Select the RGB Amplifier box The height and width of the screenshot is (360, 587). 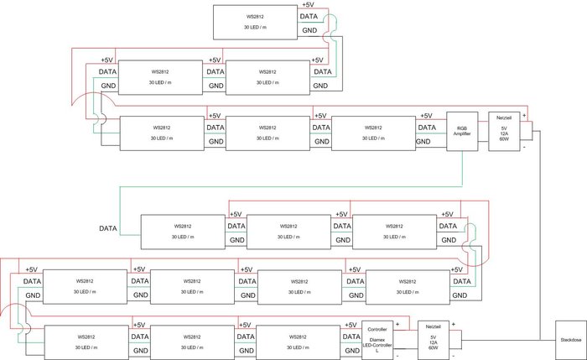(462, 131)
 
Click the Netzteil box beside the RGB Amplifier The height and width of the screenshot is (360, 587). (504, 131)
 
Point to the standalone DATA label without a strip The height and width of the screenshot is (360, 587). (108, 228)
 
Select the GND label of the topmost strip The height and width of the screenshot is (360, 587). (309, 31)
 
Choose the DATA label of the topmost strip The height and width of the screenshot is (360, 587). (309, 16)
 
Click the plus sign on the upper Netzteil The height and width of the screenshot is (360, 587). (525, 117)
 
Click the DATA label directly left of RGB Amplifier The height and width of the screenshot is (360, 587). (426, 128)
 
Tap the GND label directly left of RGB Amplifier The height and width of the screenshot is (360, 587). (426, 143)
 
